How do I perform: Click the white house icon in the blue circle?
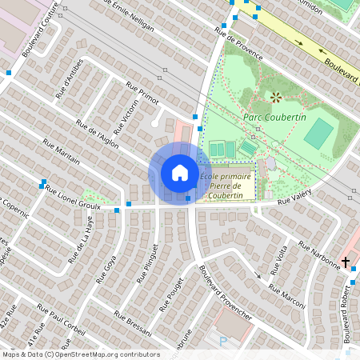coord(179,173)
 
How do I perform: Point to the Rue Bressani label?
coord(132,323)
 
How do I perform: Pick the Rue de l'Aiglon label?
coord(97,133)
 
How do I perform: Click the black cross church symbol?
coord(346,262)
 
